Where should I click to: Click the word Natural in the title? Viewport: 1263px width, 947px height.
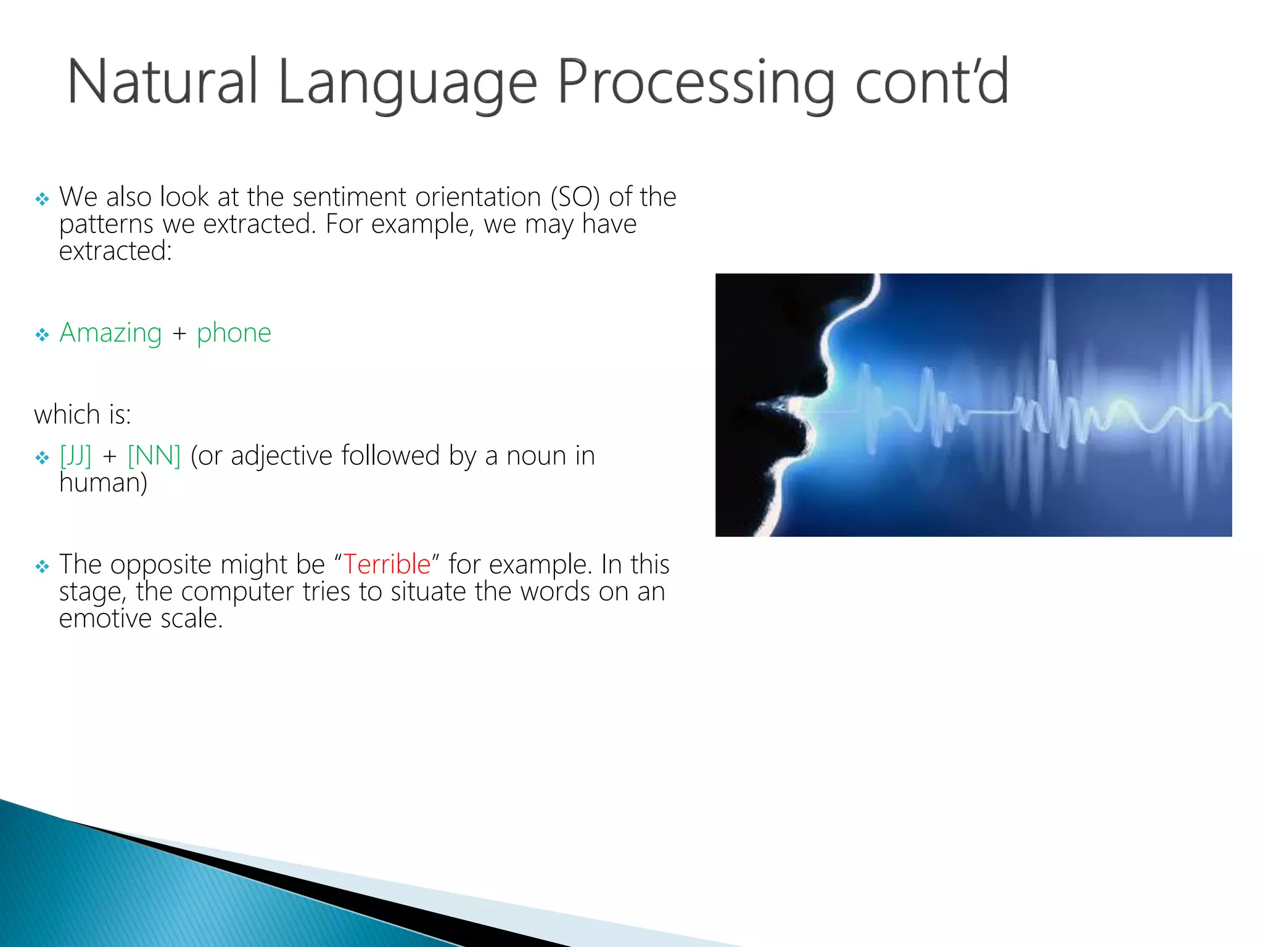coord(162,81)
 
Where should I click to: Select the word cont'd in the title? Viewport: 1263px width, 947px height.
coord(932,81)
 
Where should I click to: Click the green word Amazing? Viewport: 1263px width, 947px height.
coord(110,333)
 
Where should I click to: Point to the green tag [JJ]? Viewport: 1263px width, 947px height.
coord(75,456)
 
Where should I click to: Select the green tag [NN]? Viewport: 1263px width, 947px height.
coord(154,456)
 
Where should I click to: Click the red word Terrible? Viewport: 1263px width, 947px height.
coord(387,564)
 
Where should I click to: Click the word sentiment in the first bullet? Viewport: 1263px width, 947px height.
coord(349,197)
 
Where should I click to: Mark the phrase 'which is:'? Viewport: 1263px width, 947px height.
coord(83,415)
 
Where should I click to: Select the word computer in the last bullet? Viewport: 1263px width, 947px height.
coord(237,592)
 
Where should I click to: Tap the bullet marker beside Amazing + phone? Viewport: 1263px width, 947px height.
coord(42,335)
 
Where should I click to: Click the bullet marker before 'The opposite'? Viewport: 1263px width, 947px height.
coord(42,566)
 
